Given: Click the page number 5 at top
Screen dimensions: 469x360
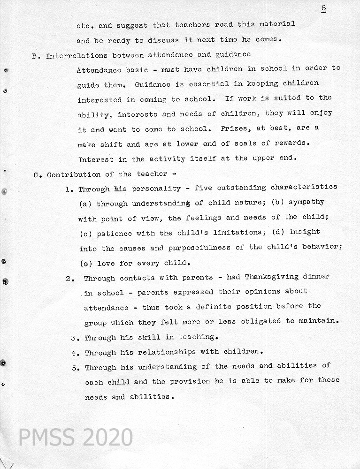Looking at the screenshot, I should click(324, 8).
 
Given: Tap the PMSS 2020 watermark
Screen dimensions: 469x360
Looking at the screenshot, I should click(75, 437).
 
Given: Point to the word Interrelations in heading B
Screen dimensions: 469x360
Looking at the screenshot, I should click(74, 56).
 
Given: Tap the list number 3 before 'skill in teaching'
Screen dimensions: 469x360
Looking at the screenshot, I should click(74, 338).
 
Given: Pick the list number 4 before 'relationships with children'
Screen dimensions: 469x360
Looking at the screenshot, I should click(74, 352).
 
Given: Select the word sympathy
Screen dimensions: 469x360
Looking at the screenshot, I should click(306, 202).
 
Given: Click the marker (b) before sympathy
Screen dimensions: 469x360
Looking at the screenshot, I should click(277, 202).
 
